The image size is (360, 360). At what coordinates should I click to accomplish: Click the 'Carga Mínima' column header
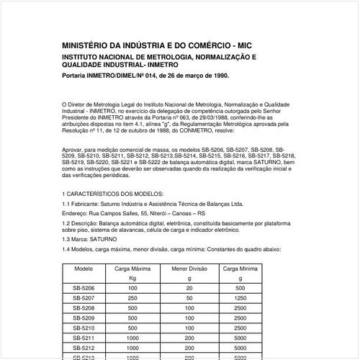[238, 268]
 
